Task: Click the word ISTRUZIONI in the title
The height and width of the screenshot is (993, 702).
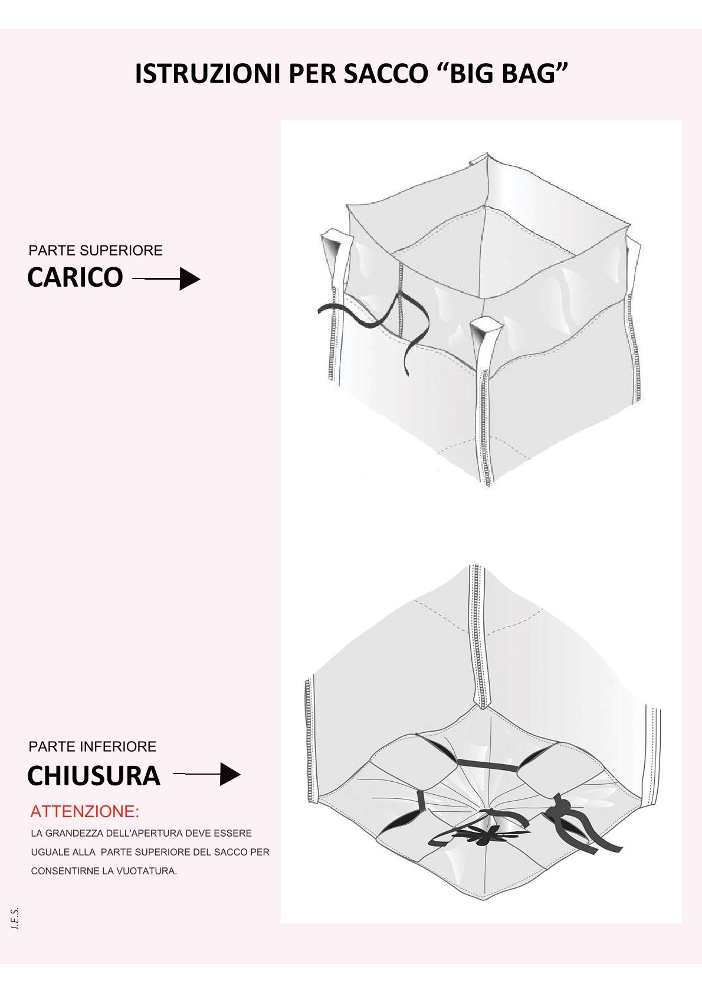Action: (208, 74)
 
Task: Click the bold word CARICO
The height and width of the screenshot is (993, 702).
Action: (75, 277)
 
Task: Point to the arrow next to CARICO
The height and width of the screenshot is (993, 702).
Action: (166, 279)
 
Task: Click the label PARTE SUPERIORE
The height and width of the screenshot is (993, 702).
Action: (96, 251)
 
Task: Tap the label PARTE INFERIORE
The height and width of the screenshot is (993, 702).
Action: (92, 746)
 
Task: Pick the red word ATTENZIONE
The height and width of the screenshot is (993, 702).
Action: (84, 812)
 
